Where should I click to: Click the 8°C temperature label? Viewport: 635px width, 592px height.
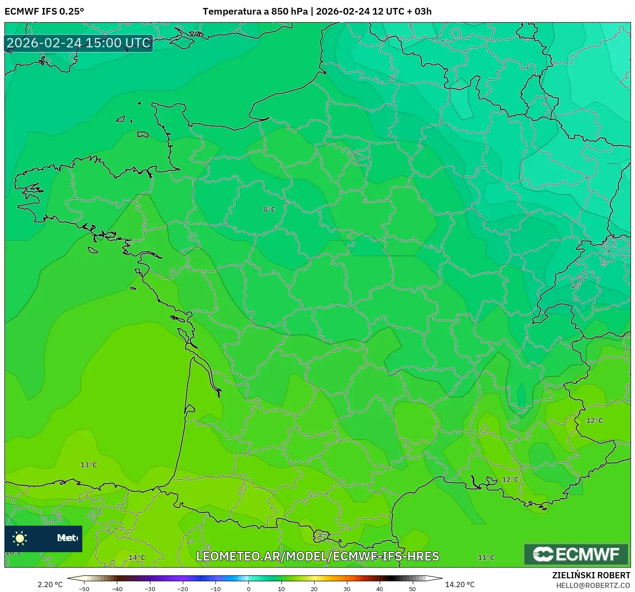coord(269,209)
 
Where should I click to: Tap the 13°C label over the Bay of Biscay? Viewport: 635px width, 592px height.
coord(89,465)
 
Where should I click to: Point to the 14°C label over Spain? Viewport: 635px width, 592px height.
coord(137,557)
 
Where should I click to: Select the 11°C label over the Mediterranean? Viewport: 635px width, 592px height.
coord(486,557)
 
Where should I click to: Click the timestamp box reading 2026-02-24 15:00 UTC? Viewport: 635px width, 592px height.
coord(79,43)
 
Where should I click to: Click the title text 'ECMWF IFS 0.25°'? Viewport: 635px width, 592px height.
coord(44,12)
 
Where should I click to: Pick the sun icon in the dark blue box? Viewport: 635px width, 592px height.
coord(20,538)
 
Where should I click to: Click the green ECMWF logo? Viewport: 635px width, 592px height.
coord(576,554)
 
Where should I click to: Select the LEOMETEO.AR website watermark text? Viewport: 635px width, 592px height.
coord(317,556)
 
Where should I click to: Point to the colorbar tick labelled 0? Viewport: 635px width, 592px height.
coord(249,588)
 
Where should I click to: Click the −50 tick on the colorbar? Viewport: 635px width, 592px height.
coord(84,588)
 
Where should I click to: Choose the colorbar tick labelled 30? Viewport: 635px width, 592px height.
coord(347,588)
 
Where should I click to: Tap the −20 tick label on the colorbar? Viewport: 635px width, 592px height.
coord(182,588)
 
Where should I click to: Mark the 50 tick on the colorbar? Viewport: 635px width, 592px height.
coord(412,588)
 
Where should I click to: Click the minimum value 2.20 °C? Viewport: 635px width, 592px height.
coord(50,584)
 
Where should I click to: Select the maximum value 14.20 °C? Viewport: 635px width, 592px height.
coord(460,584)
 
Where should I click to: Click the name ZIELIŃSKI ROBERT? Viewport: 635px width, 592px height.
coord(591,575)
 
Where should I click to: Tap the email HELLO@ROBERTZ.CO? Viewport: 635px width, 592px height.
coord(593,585)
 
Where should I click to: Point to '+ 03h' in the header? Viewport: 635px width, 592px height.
coord(419,12)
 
